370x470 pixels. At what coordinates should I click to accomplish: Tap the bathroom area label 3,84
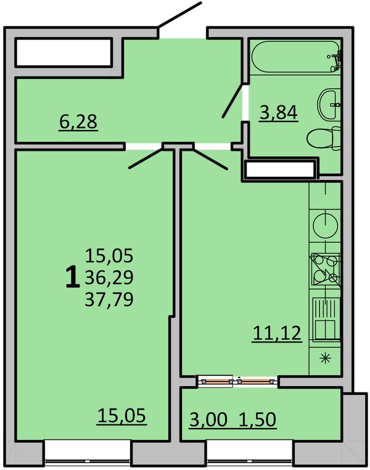pos(279,113)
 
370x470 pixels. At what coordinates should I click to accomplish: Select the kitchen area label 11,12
pos(277,333)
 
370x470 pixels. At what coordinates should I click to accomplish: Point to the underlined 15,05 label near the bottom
pos(121,416)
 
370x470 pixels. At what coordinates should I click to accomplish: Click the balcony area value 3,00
pos(208,419)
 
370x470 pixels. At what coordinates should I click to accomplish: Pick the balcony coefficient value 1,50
pos(258,419)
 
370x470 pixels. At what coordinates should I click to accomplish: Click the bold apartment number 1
pos(72,278)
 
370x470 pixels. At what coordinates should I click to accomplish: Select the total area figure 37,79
pos(109,299)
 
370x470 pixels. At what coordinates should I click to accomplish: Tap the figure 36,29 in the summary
pos(109,278)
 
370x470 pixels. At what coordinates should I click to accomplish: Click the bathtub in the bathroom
pos(295,57)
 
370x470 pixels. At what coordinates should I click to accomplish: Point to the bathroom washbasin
pos(329,105)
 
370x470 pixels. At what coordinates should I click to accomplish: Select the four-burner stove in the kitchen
pos(326,269)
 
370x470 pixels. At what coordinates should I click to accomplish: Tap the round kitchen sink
pos(325,225)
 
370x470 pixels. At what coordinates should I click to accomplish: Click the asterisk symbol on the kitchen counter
pos(325,359)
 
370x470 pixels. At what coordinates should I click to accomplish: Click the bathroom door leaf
pos(232,101)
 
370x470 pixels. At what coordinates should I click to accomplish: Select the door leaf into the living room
pos(146,158)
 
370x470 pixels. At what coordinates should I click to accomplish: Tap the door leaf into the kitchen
pos(210,159)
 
